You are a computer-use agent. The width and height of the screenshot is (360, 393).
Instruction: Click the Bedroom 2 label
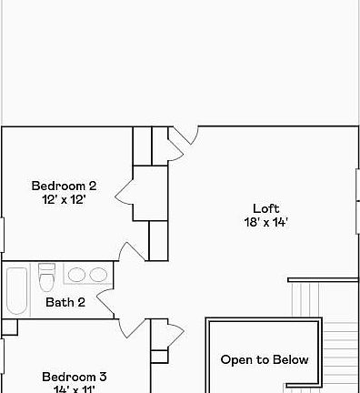point(64,186)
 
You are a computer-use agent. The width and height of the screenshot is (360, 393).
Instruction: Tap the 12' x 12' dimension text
point(64,200)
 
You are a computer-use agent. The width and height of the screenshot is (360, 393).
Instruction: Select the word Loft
point(265,207)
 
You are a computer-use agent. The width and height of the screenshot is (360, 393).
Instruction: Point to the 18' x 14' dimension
point(265,222)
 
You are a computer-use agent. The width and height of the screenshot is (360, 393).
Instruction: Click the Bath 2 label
point(65,302)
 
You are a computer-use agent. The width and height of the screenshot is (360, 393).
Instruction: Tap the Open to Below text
point(265,359)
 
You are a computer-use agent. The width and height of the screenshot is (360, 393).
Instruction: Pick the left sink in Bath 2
point(75,275)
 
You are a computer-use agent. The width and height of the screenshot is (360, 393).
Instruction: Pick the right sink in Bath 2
point(96,275)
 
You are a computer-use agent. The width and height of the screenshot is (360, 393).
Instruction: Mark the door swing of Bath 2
point(103,303)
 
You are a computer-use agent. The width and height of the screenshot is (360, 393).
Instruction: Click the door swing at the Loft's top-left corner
point(185,136)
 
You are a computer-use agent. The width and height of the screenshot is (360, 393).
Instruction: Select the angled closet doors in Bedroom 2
point(123,193)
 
